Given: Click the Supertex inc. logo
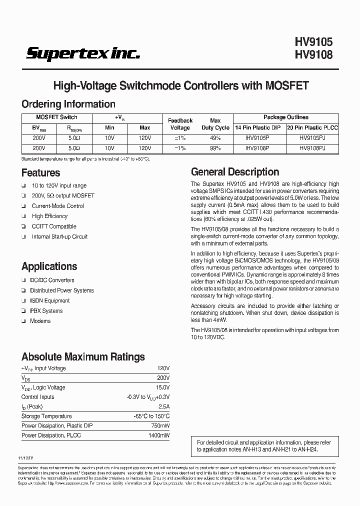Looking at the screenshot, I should click(83, 53).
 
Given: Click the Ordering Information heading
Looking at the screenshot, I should click(68, 104).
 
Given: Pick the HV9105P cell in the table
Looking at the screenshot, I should click(258, 138).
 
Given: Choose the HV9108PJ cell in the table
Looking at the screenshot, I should click(312, 148).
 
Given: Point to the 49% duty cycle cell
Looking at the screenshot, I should click(215, 138).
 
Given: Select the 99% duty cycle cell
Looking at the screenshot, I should click(215, 148).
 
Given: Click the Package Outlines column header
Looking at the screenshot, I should click(285, 117).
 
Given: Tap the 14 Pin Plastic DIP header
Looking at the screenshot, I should click(258, 128).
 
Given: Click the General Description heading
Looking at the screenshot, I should click(235, 172).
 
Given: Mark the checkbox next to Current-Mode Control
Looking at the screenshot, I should click(23, 206).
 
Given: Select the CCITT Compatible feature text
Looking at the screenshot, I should click(54, 226).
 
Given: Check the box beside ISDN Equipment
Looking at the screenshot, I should click(23, 301).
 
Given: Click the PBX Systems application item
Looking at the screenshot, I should click(46, 311).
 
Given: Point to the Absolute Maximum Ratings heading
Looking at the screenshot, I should click(83, 357).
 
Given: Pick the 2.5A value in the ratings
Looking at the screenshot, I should click(163, 406).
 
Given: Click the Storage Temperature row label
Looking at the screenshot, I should click(46, 416).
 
